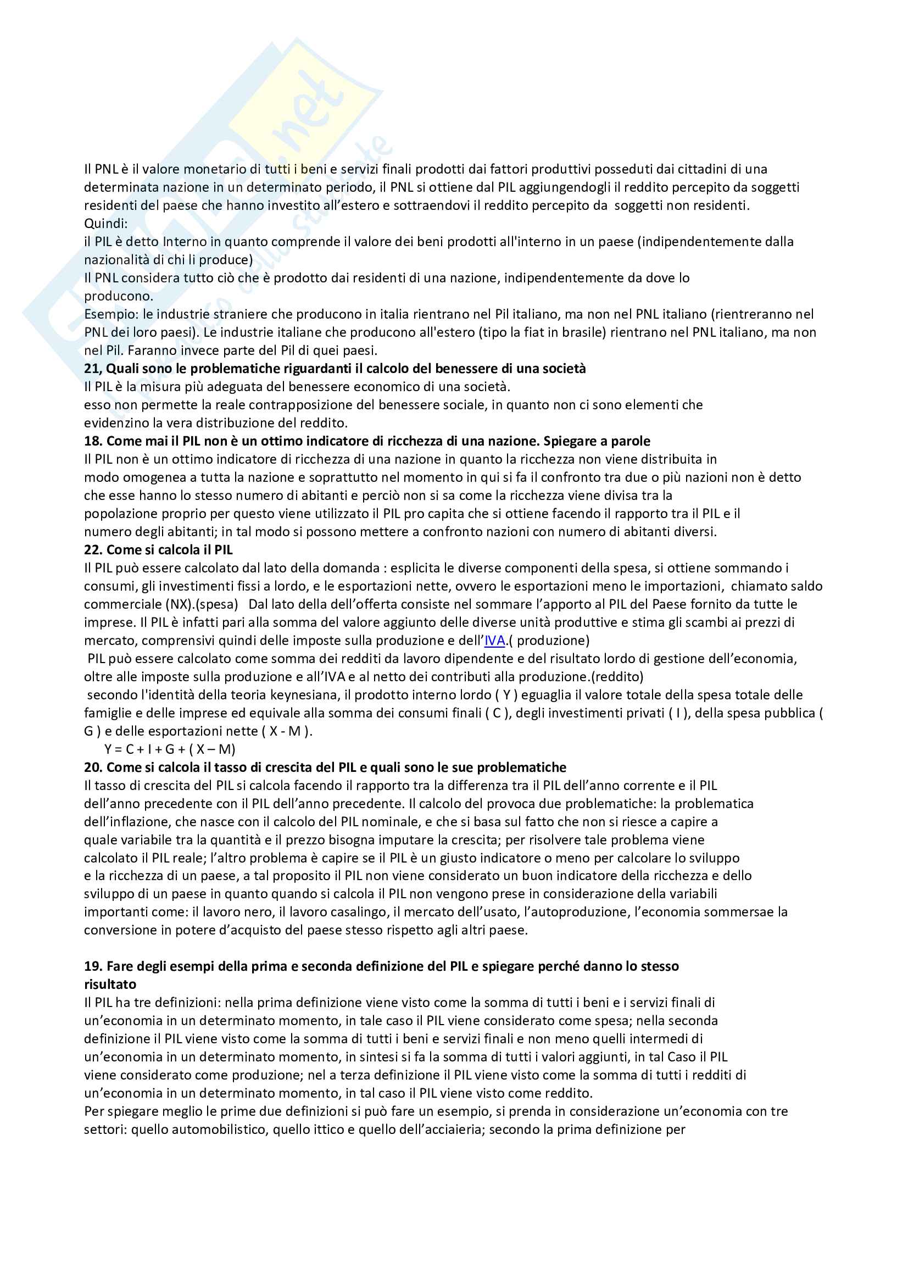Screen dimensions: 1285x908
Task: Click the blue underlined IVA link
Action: coord(494,640)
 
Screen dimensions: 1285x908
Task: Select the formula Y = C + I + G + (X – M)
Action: coord(170,749)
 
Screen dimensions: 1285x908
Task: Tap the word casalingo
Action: coord(356,912)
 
